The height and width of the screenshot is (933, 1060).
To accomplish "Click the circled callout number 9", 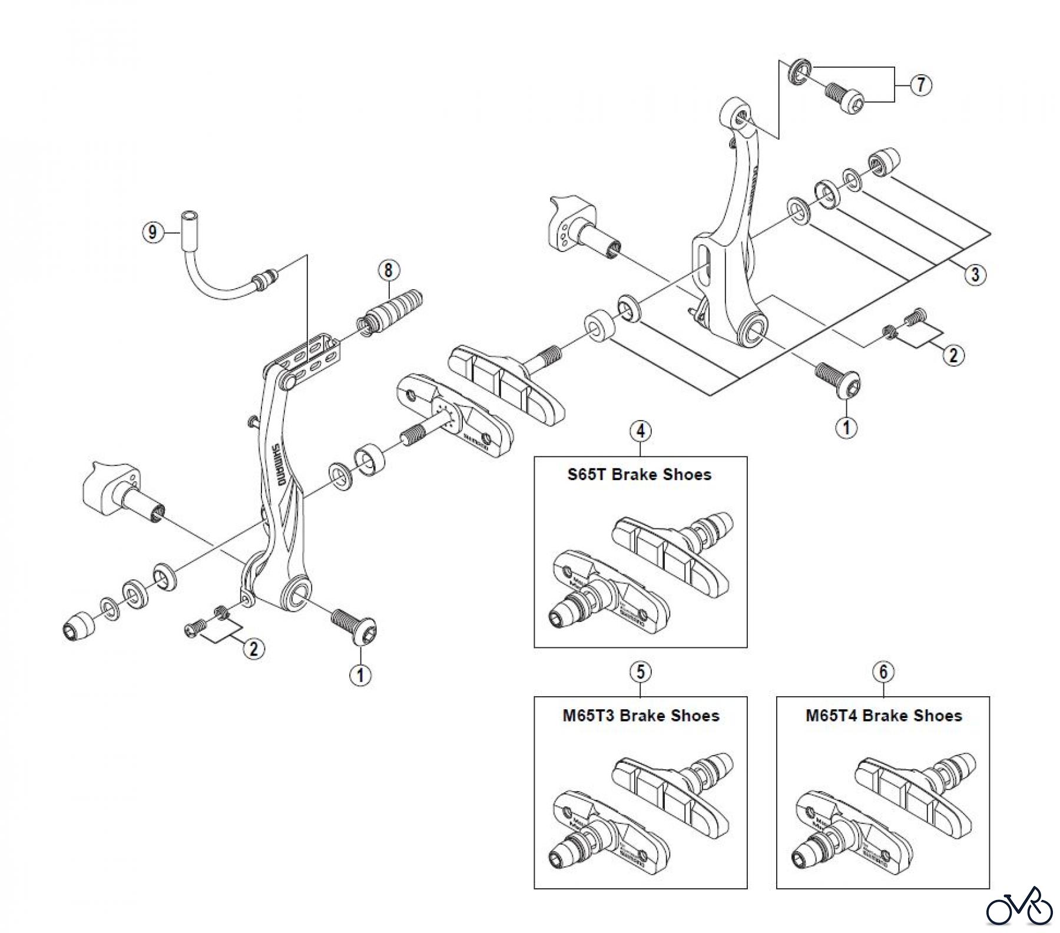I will (x=153, y=232).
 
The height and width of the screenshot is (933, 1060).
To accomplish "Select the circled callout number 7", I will (x=921, y=85).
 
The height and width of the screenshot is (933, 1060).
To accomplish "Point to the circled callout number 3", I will (x=975, y=274).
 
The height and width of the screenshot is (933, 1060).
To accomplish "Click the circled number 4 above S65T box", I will (x=641, y=431).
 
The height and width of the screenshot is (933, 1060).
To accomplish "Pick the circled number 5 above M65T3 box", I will (x=641, y=671).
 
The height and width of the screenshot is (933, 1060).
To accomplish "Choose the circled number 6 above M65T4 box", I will (x=883, y=671).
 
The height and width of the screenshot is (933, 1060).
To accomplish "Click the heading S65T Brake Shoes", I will (x=640, y=475).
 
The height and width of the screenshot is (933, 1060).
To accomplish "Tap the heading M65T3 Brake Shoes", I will (x=641, y=716).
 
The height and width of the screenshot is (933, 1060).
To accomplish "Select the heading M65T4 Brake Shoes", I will (x=883, y=716).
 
